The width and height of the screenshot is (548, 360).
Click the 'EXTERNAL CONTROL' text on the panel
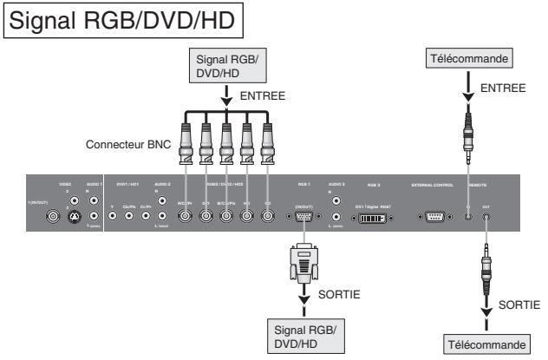coord(437,185)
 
